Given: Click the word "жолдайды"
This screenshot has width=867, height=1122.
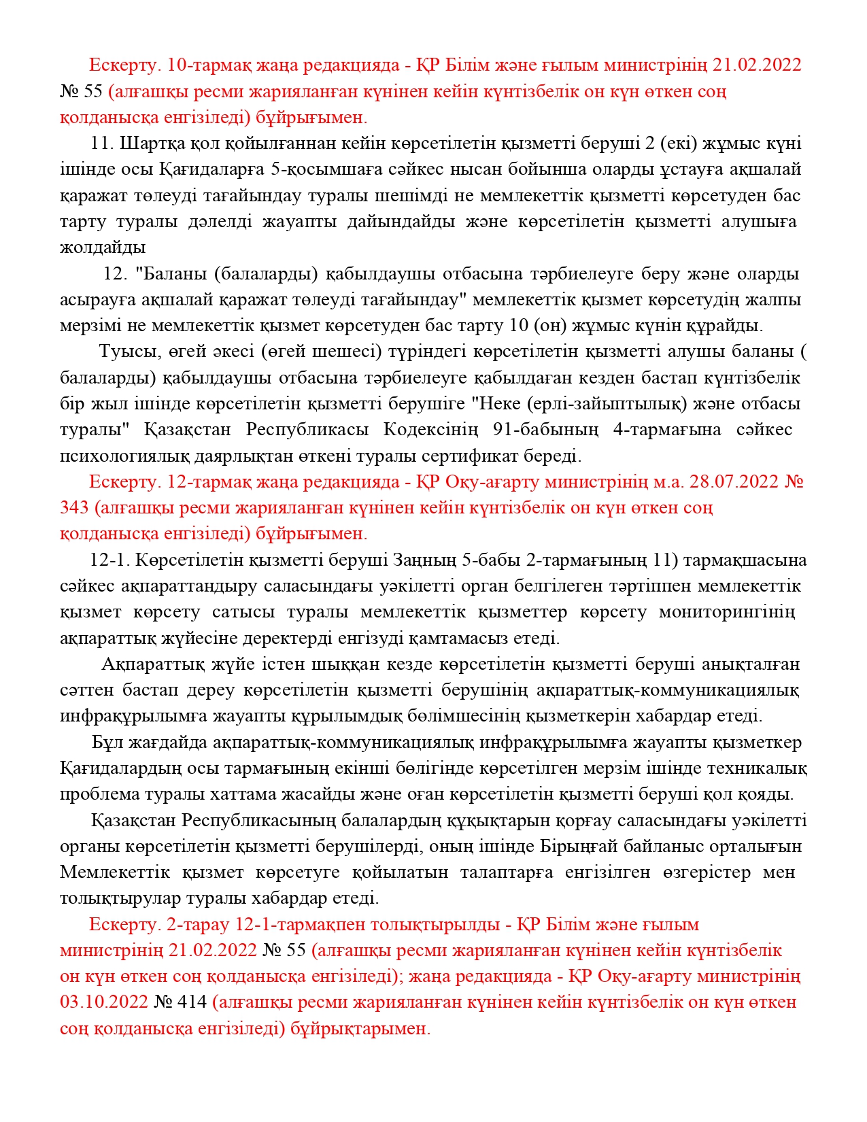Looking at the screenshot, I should coord(103,248).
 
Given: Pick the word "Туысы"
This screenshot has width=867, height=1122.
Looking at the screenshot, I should coord(126,352).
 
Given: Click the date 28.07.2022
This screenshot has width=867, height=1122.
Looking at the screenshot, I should coord(734,482).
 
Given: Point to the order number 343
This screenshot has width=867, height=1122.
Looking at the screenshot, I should coord(74,508).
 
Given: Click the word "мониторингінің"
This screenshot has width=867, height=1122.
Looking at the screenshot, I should coord(726,612).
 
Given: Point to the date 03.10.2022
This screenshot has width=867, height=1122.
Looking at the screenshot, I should coord(104,1002).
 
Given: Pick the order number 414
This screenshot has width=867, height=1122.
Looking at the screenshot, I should coord(193,1002).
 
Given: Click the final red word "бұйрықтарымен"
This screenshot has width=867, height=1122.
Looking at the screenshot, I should coord(360,1028).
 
